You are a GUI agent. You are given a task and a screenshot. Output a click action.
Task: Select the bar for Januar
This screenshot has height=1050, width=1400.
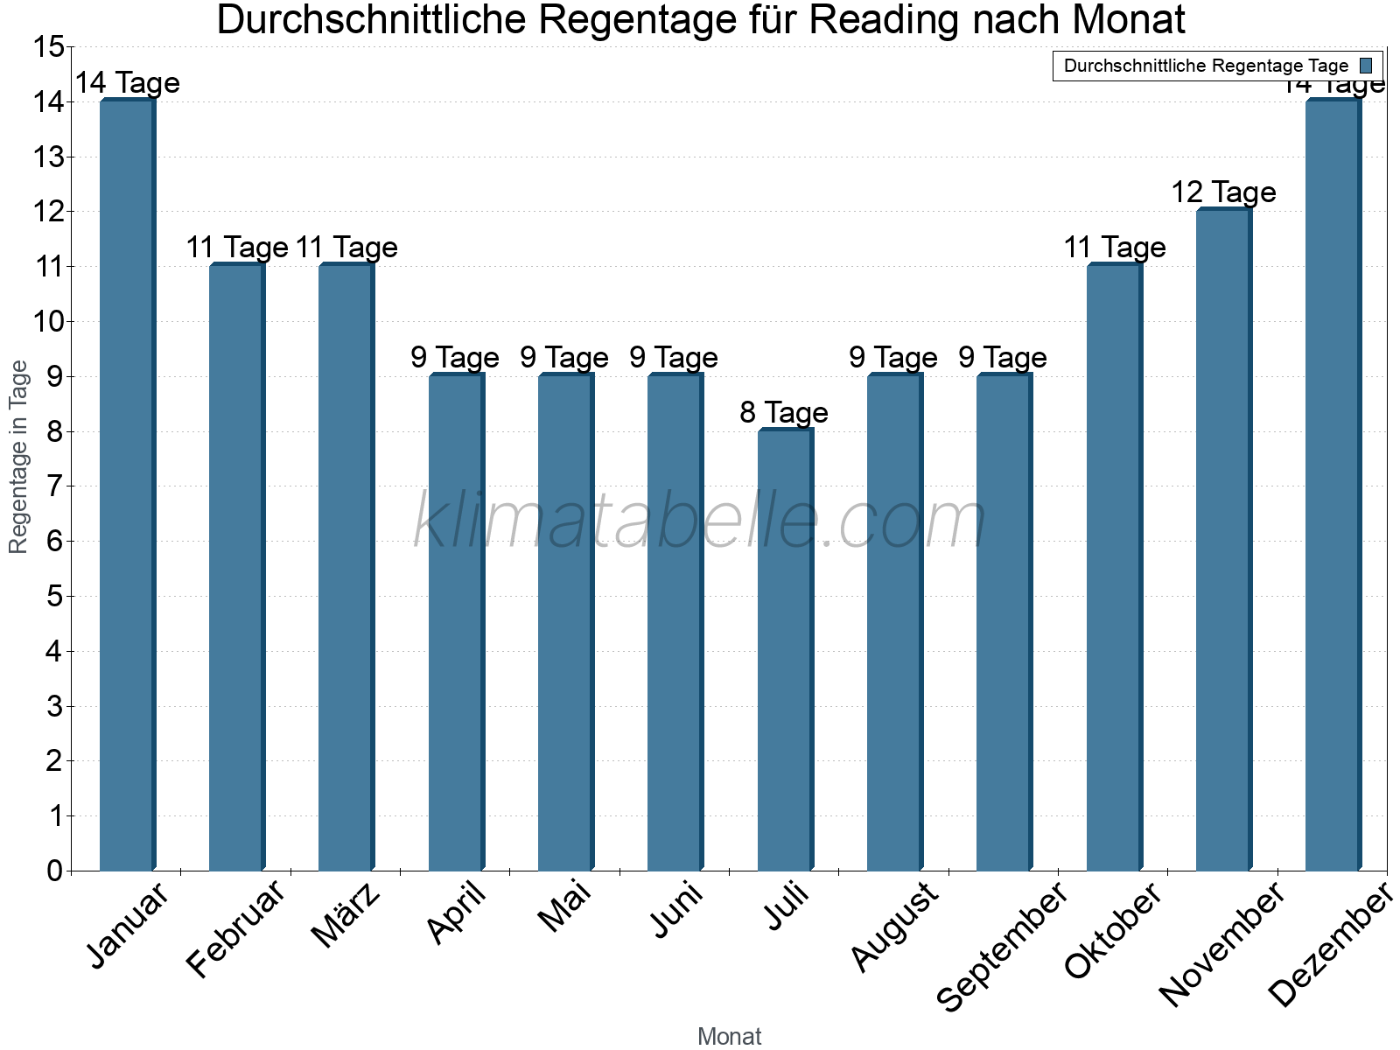(127, 486)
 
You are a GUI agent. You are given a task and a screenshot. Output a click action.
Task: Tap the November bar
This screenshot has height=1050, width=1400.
(1223, 540)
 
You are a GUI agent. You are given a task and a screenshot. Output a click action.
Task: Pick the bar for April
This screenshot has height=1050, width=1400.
(456, 622)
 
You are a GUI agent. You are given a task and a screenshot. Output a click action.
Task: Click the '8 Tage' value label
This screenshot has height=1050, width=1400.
(784, 412)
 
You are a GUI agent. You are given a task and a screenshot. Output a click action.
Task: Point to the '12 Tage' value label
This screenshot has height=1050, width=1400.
(1223, 192)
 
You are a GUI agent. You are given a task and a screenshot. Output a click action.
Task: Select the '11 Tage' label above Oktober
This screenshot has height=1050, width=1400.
(1114, 248)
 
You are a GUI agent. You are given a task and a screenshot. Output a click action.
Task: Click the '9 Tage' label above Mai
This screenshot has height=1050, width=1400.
(564, 357)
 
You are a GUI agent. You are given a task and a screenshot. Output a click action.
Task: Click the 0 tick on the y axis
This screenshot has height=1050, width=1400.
(54, 871)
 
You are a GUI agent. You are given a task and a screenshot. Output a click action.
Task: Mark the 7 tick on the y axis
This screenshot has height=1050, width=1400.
(54, 486)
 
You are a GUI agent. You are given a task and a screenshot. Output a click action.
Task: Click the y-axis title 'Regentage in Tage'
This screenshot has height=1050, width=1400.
(19, 457)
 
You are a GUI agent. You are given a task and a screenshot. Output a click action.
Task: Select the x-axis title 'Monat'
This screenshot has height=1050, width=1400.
(729, 1036)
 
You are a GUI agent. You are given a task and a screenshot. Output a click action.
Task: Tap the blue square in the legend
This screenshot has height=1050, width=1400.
(1366, 66)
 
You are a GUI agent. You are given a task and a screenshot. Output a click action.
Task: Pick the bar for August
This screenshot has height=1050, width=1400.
(894, 622)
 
